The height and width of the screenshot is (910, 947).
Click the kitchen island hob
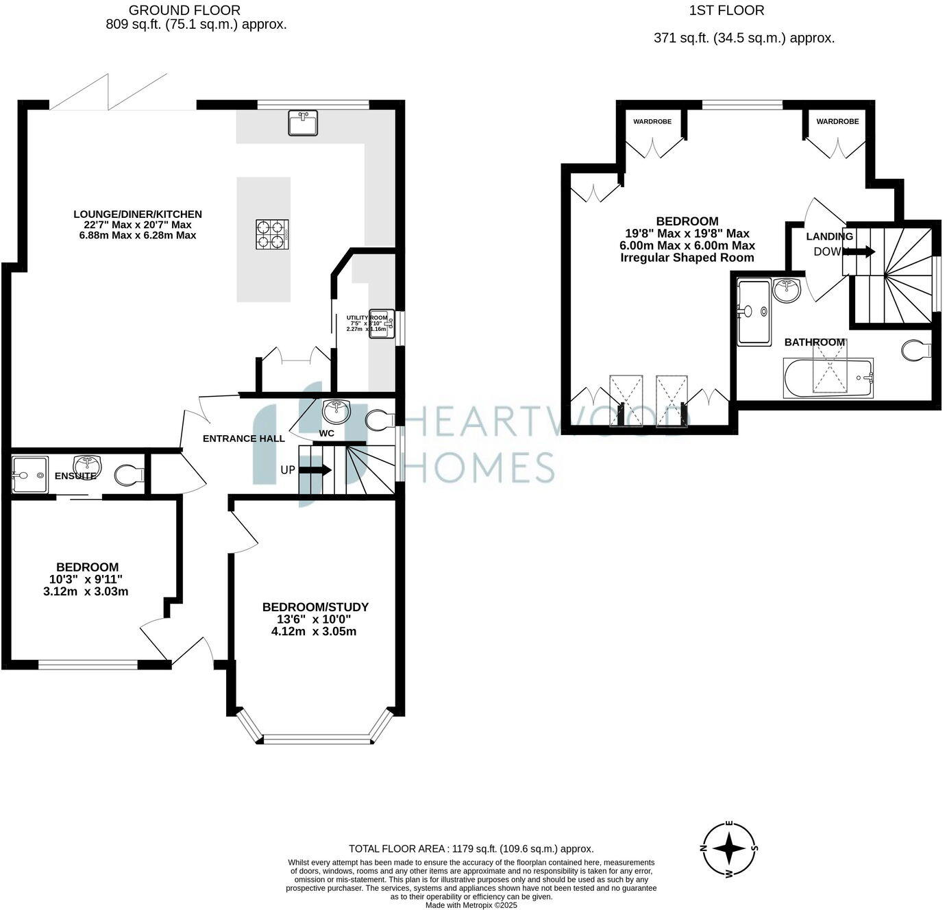tap(272, 235)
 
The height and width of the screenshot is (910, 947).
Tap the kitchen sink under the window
tap(303, 124)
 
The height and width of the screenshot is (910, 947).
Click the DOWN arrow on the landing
tap(861, 251)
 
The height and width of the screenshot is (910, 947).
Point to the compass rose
tap(730, 849)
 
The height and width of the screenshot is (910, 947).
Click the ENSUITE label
tap(75, 475)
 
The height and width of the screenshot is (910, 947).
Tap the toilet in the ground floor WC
tap(377, 420)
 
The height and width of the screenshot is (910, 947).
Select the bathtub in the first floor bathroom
tap(828, 377)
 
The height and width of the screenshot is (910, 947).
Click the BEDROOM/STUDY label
tap(315, 607)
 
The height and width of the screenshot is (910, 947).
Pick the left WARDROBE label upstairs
tap(652, 121)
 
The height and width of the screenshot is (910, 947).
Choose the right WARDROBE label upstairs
tap(837, 121)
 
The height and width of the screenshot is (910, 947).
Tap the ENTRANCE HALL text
tap(243, 439)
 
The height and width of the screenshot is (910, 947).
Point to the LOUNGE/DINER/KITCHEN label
tap(138, 214)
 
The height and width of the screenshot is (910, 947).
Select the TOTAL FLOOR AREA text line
tap(471, 848)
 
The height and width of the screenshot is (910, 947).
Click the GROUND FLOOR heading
tap(185, 10)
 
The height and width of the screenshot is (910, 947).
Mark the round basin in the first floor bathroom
tap(787, 291)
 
